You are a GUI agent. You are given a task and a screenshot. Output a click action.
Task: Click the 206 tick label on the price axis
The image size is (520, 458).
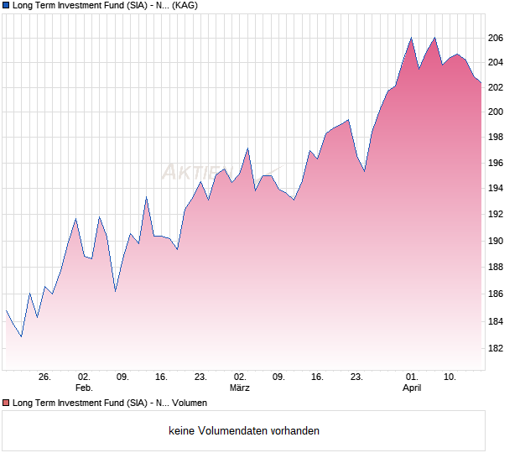tap(495, 38)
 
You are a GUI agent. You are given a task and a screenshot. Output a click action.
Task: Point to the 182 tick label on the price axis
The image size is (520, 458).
tap(495, 348)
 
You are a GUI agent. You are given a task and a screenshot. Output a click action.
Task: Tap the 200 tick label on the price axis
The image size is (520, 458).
tap(495, 112)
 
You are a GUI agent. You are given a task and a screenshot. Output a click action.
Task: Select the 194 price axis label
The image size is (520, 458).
tap(495, 188)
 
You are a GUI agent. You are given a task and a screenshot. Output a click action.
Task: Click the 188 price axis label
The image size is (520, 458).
tap(495, 268)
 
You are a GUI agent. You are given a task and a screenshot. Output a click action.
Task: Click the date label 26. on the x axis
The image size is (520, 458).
tap(45, 377)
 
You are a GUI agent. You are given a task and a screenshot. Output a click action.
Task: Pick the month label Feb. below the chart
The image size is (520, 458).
tap(84, 388)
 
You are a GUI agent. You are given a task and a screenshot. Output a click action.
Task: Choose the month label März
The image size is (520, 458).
tap(240, 388)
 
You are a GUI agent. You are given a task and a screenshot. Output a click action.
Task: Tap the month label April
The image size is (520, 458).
tap(412, 388)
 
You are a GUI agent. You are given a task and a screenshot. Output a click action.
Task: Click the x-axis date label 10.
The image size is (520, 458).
tap(450, 377)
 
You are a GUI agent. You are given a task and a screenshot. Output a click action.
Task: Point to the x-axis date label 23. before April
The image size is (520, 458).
tap(356, 377)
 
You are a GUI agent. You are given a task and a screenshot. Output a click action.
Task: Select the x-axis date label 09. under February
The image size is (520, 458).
tap(122, 377)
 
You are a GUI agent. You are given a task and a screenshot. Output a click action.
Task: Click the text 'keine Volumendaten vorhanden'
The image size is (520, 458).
tap(244, 431)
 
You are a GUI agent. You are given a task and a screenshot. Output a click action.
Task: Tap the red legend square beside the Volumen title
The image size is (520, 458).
tap(6, 403)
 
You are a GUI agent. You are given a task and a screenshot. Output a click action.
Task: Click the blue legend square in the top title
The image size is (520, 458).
tap(6, 5)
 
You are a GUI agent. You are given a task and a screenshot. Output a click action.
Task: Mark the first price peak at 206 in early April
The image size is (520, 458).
tap(411, 38)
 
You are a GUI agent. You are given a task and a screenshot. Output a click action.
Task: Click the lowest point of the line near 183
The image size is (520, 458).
tap(21, 336)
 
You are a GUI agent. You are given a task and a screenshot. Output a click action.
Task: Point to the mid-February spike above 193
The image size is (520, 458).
tap(146, 197)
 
